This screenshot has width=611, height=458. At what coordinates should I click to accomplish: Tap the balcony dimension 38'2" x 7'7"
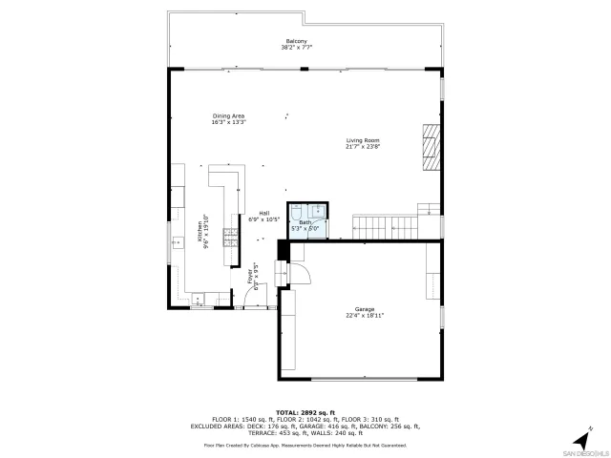click(297, 48)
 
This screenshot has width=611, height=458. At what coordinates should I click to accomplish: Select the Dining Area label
click(228, 116)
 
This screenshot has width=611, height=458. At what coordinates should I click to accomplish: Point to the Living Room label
click(363, 140)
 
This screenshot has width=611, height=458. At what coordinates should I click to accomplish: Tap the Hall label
click(263, 213)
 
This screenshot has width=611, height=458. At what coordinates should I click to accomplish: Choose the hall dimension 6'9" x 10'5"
click(263, 219)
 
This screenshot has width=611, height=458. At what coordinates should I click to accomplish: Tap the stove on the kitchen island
click(230, 234)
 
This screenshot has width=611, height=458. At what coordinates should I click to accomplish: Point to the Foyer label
click(250, 277)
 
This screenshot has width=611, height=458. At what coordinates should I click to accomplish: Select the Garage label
click(365, 308)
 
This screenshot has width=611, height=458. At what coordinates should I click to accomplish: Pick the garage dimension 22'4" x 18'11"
click(365, 315)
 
